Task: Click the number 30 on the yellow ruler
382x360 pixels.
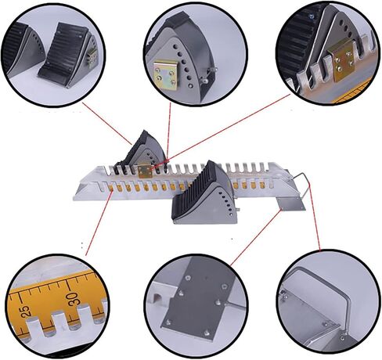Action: point(71,298)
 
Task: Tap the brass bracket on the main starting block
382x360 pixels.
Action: point(146,167)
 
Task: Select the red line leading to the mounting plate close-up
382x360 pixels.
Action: point(250,235)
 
